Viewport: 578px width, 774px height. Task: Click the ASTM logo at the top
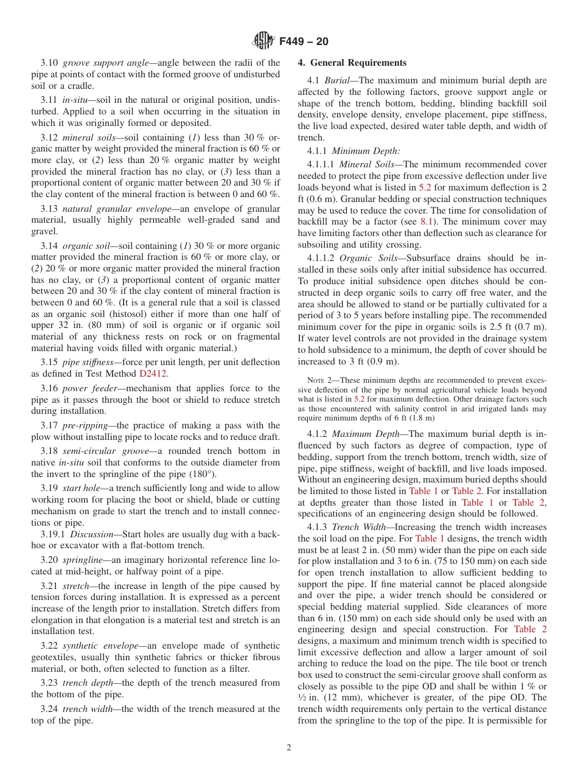263,41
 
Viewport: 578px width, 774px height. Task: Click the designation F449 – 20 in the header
304,41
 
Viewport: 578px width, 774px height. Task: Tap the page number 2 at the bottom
289,748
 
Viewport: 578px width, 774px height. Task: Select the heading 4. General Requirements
352,63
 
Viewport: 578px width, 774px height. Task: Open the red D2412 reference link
152,373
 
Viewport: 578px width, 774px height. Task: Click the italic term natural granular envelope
117,209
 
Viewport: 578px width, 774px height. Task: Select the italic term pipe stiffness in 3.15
88,362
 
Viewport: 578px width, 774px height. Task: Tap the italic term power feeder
89,388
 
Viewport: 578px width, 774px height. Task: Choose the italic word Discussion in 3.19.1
91,535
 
